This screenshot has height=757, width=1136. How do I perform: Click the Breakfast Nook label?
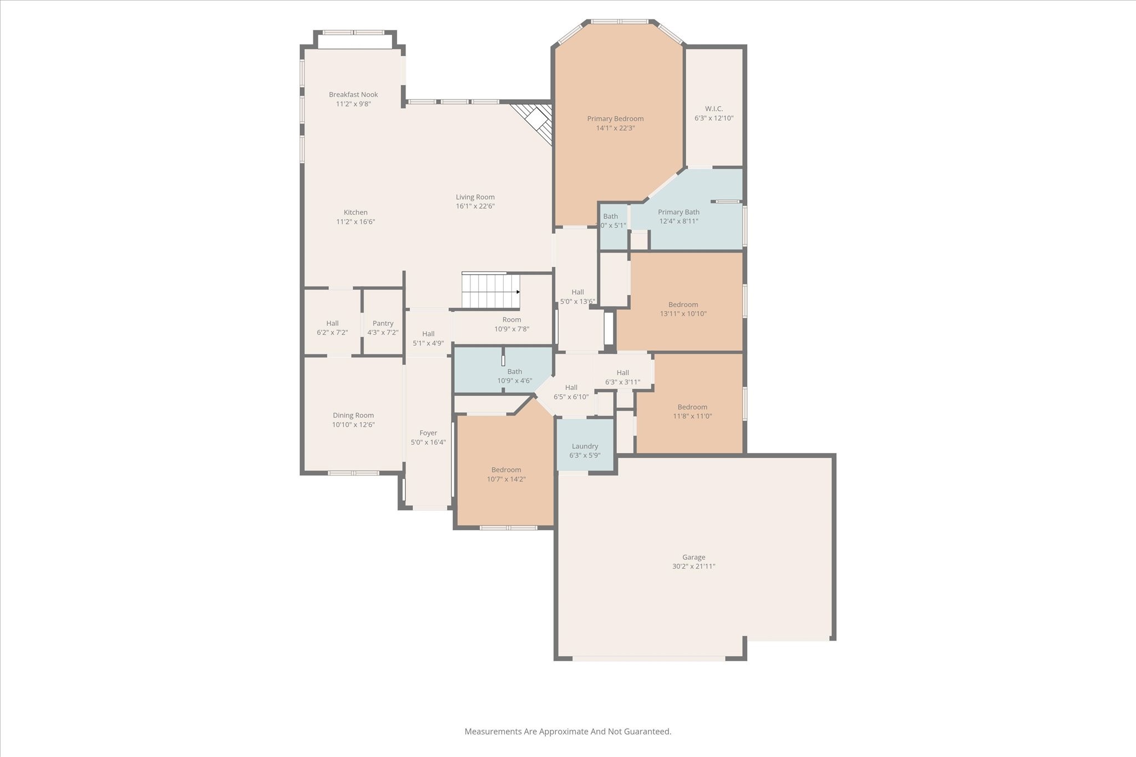(353, 95)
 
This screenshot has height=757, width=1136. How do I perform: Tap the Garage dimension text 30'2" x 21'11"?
(693, 566)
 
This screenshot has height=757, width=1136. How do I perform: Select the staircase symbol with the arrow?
(490, 291)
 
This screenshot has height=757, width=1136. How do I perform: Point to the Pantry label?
(383, 323)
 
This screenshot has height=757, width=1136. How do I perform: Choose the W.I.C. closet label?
(714, 109)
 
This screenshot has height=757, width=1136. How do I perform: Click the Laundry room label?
(585, 446)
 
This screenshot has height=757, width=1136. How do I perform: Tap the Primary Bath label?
(678, 212)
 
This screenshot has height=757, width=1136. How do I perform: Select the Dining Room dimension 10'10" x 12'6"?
(353, 424)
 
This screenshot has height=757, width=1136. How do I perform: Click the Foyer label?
(428, 433)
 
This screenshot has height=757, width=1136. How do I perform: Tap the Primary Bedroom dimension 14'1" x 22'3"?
(615, 128)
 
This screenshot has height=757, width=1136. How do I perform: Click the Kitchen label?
(356, 212)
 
